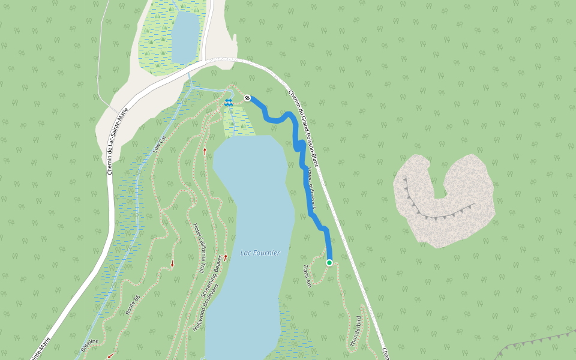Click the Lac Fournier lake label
point(260,253)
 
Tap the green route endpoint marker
point(329,263)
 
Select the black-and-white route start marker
point(247,97)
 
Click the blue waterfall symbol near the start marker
point(228,103)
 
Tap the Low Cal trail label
point(158,143)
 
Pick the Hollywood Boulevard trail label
point(205,308)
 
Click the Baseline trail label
point(90,345)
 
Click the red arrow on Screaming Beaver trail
point(226,257)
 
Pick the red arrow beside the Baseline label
point(110,355)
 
